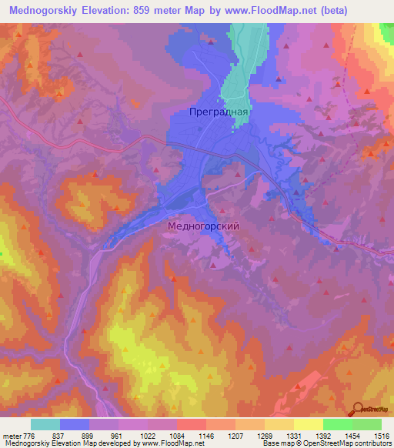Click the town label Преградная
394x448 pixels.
[x=219, y=112]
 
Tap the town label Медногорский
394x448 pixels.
[x=203, y=227]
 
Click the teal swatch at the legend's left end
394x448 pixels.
[x=45, y=425]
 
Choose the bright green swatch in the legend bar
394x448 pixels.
[x=337, y=425]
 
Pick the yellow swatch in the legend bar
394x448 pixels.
[x=308, y=425]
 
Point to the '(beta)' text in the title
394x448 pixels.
[x=329, y=11]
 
